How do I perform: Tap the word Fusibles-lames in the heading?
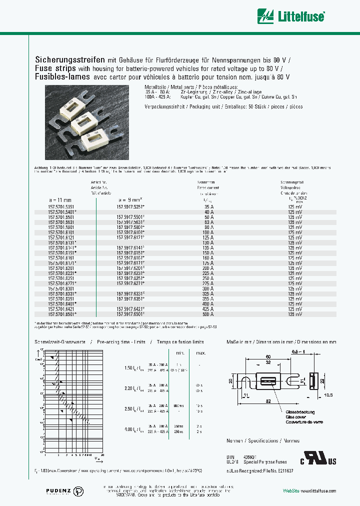tap(62, 77)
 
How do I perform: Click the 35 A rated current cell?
tap(207, 206)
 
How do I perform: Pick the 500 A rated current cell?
tap(207, 314)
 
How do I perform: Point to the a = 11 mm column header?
tap(62, 199)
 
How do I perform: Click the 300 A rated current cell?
tap(207, 288)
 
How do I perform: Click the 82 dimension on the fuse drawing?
tap(268, 401)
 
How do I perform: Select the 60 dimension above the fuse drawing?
tap(268, 357)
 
